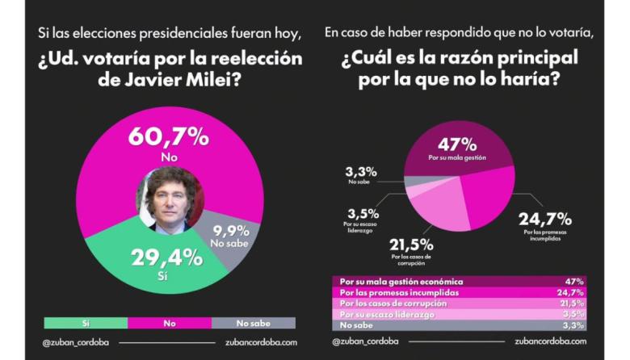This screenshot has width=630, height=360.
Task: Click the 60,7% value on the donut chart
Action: [168, 136]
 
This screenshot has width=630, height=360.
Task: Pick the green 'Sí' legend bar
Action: [85, 322]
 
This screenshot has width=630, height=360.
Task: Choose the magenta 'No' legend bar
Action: [169, 322]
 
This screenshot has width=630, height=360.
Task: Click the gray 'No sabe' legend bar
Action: [253, 322]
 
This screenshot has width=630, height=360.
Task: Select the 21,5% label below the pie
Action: [412, 245]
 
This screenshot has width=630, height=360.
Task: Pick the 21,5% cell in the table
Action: [574, 302]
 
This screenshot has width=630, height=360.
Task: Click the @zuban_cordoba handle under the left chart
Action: [77, 341]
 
